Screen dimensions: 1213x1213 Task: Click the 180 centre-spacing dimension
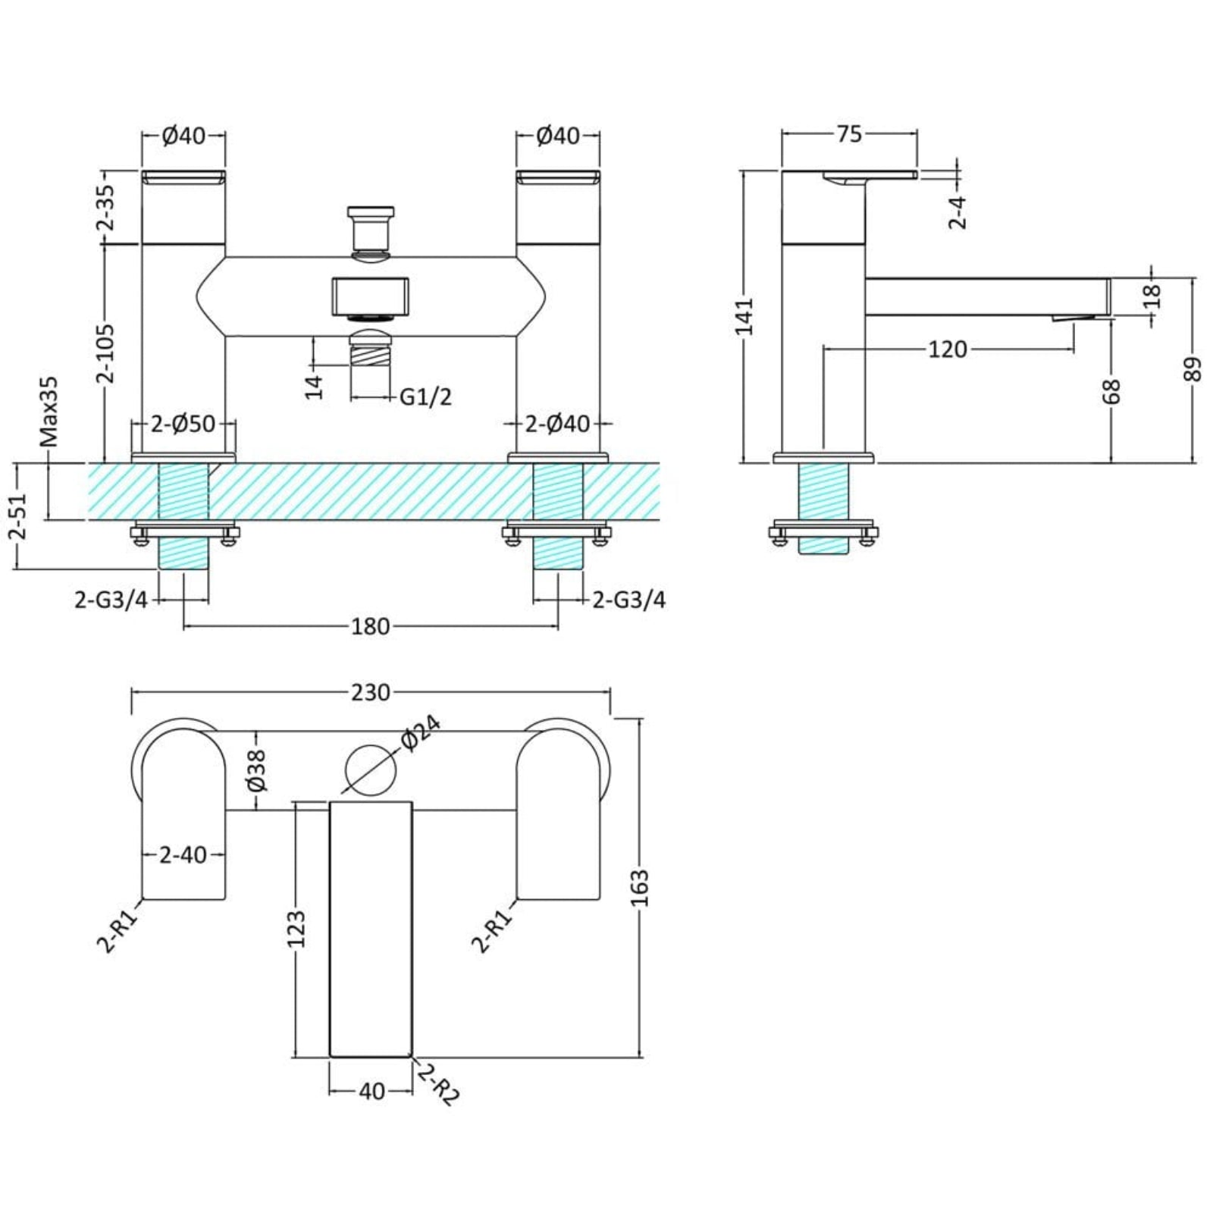point(370,627)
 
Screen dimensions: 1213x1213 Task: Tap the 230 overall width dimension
point(370,692)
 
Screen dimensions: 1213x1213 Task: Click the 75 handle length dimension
point(849,134)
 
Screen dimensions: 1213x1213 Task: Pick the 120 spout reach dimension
point(948,349)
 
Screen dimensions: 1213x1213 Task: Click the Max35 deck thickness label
point(50,416)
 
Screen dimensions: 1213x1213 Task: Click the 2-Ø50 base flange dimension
point(184,425)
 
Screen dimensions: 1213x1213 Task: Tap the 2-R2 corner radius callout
point(438,1085)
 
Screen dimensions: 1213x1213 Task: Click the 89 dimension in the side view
point(1194,370)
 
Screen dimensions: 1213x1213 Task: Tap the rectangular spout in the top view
point(371,929)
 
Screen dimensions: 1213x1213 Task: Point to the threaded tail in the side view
point(823,508)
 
